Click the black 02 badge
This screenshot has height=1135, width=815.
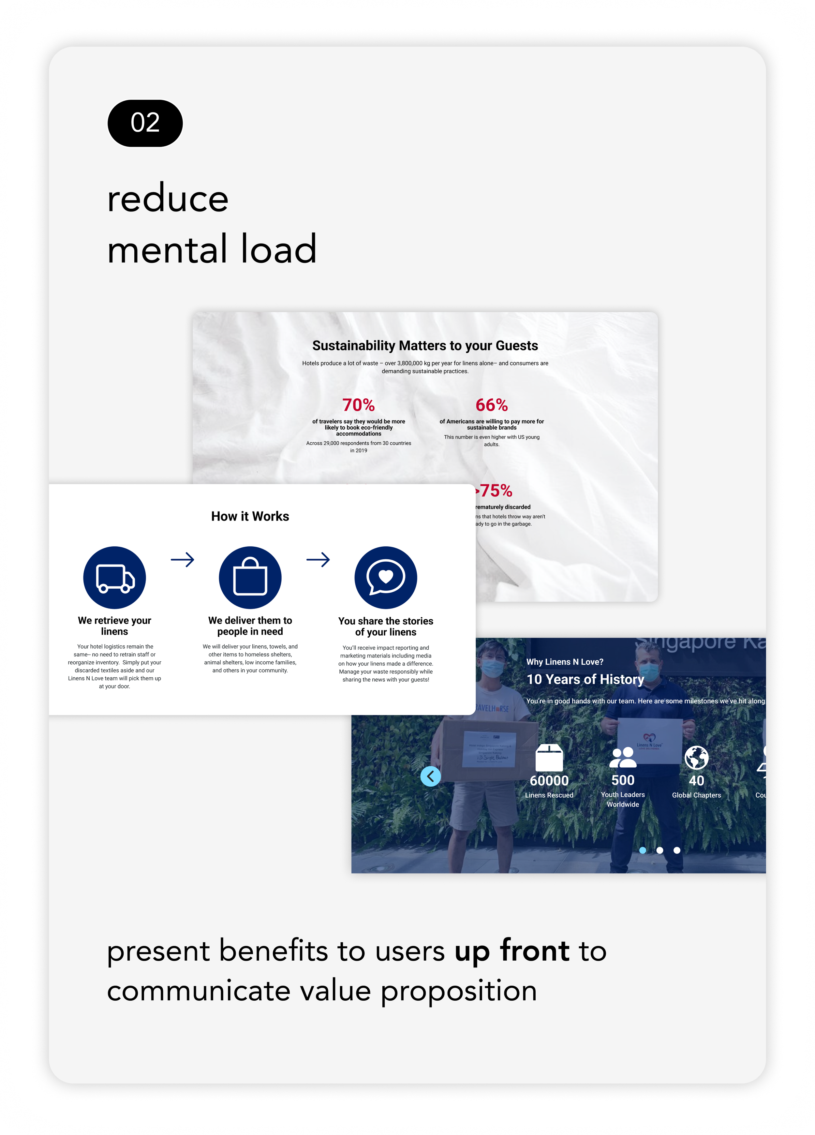[x=145, y=123]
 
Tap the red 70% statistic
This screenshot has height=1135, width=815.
[x=359, y=405]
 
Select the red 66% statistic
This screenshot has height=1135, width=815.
[x=492, y=405]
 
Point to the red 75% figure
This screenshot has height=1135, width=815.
[x=495, y=491]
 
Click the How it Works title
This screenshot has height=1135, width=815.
[x=250, y=516]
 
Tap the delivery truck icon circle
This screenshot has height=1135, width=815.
[x=115, y=578]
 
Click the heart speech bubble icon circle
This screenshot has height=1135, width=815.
[x=385, y=578]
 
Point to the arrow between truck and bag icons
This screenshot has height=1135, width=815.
[x=182, y=559]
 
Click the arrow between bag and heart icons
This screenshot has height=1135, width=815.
[x=318, y=559]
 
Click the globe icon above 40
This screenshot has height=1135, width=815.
[x=696, y=758]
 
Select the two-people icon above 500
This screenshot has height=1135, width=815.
[x=623, y=758]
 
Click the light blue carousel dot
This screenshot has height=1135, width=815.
[x=643, y=850]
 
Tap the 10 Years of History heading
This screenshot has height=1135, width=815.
[x=585, y=679]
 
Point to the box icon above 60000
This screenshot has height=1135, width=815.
[x=549, y=758]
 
